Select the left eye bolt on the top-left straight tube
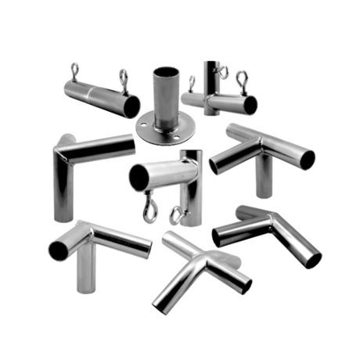[76, 69]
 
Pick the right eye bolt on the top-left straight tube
[123, 76]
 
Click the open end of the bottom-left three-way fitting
[58, 250]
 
